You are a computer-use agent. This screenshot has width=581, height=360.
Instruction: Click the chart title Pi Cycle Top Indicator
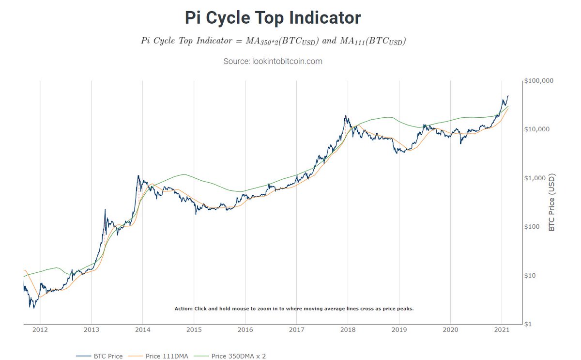tap(273, 18)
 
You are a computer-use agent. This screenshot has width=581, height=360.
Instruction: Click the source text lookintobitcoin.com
tap(273, 62)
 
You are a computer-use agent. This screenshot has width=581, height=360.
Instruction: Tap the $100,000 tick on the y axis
tap(539, 81)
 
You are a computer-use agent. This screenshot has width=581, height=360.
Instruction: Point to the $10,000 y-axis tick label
tap(537, 129)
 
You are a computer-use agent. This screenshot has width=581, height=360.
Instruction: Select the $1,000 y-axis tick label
tap(536, 178)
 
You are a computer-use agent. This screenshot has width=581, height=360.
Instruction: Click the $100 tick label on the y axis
tap(534, 227)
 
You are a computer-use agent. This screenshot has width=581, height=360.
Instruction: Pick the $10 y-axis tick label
tap(532, 276)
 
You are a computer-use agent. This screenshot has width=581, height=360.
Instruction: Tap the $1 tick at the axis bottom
tap(530, 324)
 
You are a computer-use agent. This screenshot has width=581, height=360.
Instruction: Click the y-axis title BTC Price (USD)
tap(552, 203)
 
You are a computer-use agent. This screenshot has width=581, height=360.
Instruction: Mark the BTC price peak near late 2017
tap(346, 115)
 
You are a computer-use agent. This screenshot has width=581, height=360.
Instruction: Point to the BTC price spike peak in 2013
tap(105, 209)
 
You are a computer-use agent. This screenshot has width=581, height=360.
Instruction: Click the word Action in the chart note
tap(183, 308)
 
